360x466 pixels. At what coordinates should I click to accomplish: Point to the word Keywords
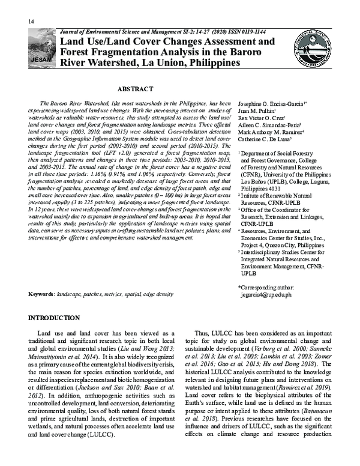point(41,295)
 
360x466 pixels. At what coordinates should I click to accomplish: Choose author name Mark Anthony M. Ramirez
point(271,139)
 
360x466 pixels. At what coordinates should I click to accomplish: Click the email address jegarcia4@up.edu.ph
point(266,295)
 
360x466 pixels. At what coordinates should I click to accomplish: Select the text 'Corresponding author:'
point(266,288)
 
